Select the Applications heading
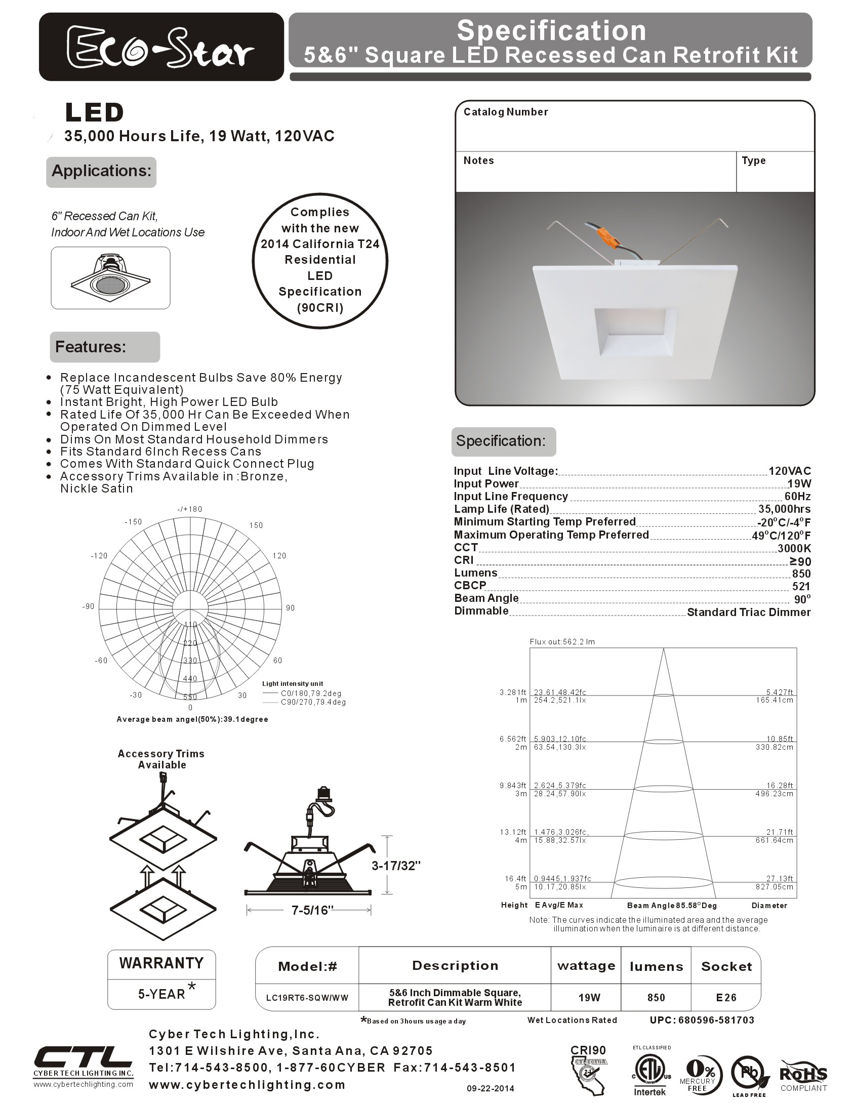point(101,171)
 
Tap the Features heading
point(91,347)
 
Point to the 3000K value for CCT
point(794,548)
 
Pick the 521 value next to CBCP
point(801,586)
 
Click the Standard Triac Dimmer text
point(748,612)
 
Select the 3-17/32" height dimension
point(396,866)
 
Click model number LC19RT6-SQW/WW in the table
point(307,998)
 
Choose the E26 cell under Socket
point(726,997)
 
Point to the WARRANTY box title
point(161,963)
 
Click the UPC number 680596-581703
point(702,1020)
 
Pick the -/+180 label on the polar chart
point(190,509)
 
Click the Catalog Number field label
point(505,112)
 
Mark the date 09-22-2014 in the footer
point(490,1088)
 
